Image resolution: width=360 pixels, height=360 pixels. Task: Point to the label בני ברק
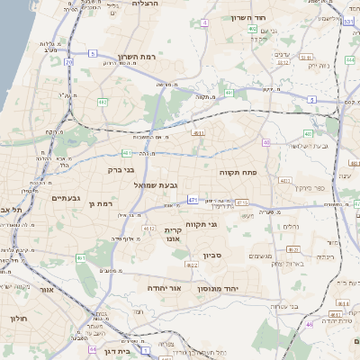(121, 168)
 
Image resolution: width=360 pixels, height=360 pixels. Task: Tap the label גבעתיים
(67, 198)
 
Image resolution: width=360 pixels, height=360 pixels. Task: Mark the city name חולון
(19, 319)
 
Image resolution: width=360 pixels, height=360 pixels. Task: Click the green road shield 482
(103, 103)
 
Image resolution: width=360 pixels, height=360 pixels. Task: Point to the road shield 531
(349, 19)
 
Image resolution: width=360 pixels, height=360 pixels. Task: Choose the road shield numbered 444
(310, 324)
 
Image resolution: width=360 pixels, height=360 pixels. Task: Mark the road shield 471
(193, 199)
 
